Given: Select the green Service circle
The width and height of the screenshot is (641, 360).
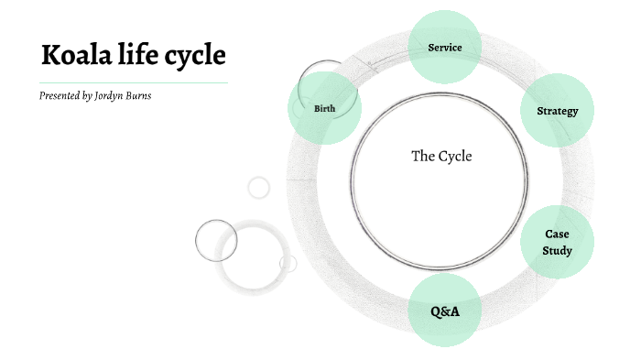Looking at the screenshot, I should tap(444, 47).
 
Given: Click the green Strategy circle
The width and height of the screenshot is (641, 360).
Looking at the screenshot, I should tap(557, 111).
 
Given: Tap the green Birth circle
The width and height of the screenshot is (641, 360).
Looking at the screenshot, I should tap(324, 108).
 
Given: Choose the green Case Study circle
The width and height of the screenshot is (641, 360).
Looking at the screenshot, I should tap(557, 242).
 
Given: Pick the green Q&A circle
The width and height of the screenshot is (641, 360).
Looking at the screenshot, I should tap(444, 311).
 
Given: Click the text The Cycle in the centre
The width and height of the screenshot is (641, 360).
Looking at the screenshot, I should tap(441, 156).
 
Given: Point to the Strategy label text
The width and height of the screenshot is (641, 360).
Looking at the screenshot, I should tap(557, 111).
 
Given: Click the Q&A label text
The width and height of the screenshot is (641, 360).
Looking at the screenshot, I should tap(445, 311).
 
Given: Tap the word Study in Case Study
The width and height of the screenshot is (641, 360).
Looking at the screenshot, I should tap(557, 250).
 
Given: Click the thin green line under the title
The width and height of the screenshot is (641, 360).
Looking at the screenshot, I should tap(133, 82).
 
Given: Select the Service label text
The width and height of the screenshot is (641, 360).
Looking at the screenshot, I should tap(444, 47).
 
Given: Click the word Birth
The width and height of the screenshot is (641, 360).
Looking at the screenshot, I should tap(324, 108).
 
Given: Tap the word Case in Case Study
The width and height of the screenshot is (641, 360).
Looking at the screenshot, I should tap(557, 234).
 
